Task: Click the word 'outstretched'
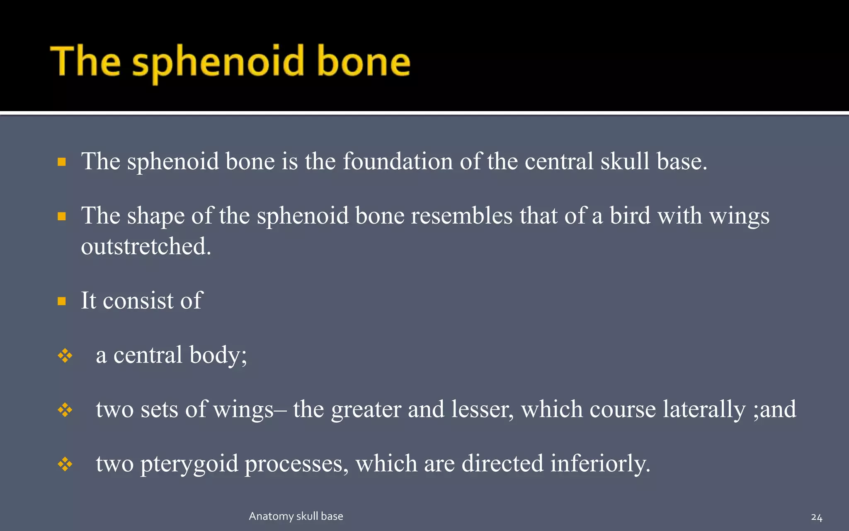pyautogui.click(x=146, y=246)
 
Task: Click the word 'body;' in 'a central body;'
pyautogui.click(x=218, y=355)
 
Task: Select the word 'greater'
pyautogui.click(x=366, y=410)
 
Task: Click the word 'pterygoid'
pyautogui.click(x=189, y=464)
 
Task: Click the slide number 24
pyautogui.click(x=816, y=517)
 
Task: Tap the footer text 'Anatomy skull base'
pyautogui.click(x=296, y=516)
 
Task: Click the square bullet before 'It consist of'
pyautogui.click(x=62, y=301)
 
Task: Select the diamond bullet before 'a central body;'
pyautogui.click(x=65, y=356)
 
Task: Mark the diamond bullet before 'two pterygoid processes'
pyautogui.click(x=65, y=464)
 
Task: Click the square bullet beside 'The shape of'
pyautogui.click(x=62, y=216)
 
